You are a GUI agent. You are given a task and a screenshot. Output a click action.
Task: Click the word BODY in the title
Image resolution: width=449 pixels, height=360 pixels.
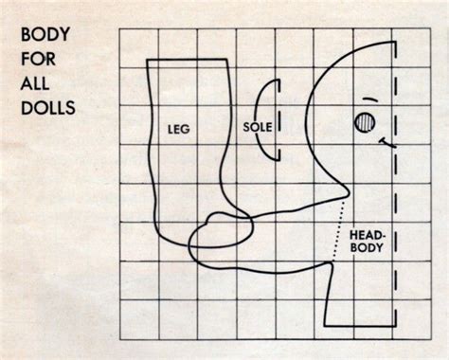(x=43, y=38)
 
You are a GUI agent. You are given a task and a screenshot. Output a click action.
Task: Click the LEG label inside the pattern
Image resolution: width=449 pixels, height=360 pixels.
(x=179, y=134)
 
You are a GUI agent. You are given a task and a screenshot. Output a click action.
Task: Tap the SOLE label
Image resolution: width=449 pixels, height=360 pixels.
(x=258, y=126)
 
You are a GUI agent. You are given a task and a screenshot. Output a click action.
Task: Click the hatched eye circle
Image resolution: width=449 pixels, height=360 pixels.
(x=365, y=122)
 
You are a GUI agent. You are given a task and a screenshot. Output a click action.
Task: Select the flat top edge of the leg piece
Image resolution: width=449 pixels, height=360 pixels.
(x=188, y=63)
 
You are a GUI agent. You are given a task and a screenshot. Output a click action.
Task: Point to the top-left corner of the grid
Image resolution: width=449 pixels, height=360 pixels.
(x=119, y=28)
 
